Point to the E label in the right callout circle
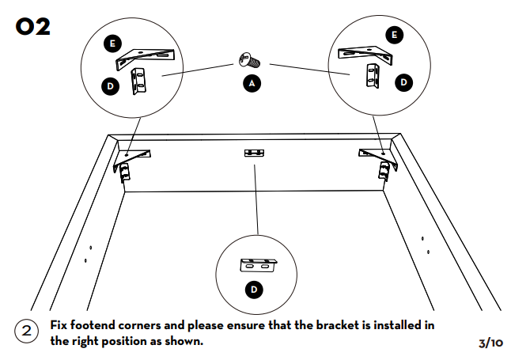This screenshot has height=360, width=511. tap(394, 34)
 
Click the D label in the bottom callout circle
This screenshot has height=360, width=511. tap(254, 290)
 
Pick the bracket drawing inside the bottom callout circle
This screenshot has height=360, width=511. tap(258, 263)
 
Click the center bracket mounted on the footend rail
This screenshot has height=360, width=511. tap(254, 153)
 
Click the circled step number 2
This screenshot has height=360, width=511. tap(27, 331)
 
